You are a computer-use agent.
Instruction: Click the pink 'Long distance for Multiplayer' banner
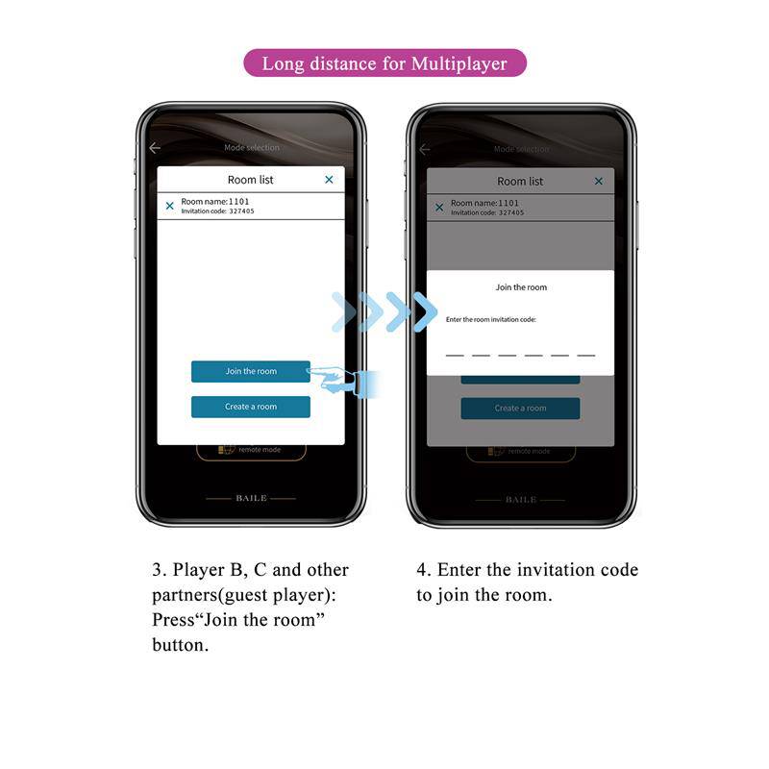pyautogui.click(x=384, y=63)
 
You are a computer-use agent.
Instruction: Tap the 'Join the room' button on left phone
pyautogui.click(x=250, y=371)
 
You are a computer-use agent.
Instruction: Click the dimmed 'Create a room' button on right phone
pyautogui.click(x=520, y=408)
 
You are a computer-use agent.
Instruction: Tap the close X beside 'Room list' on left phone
pyautogui.click(x=329, y=180)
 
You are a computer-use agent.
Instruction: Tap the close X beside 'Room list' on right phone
pyautogui.click(x=598, y=181)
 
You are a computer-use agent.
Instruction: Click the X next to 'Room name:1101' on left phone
pyautogui.click(x=170, y=206)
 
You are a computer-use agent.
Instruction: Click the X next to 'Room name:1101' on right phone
pyautogui.click(x=439, y=207)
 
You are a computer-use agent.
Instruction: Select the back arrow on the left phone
pyautogui.click(x=155, y=148)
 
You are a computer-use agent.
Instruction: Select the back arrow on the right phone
pyautogui.click(x=424, y=149)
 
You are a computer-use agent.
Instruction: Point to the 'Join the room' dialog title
pyautogui.click(x=520, y=287)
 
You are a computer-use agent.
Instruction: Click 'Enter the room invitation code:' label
pyautogui.click(x=490, y=319)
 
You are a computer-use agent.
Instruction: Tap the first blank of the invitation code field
pyautogui.click(x=455, y=353)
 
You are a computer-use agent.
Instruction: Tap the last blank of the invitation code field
pyautogui.click(x=585, y=353)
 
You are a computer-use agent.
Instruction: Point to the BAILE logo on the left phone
pyautogui.click(x=251, y=499)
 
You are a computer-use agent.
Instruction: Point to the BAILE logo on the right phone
pyautogui.click(x=520, y=500)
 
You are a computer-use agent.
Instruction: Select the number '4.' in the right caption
pyautogui.click(x=423, y=570)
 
